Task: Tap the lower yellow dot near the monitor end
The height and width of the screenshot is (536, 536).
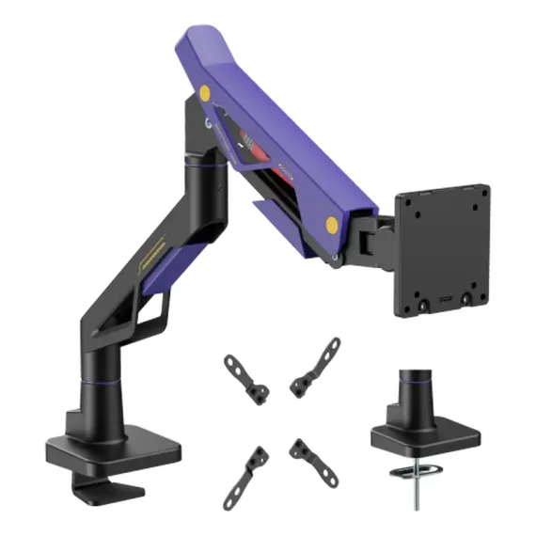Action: click(x=331, y=225)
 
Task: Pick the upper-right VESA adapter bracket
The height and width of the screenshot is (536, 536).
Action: click(x=315, y=366)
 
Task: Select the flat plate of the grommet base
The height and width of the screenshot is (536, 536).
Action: click(x=424, y=435)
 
